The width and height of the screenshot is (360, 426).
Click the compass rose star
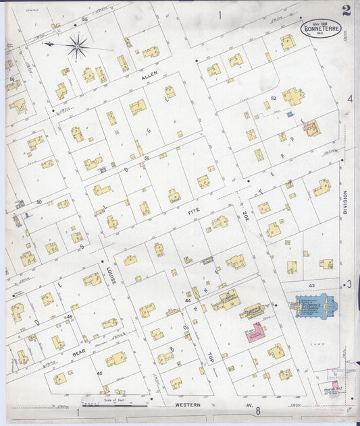(77, 47)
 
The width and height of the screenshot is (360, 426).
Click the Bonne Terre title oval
(321, 29)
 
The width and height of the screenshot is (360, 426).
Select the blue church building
(316, 306)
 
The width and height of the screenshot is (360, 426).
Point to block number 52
(273, 98)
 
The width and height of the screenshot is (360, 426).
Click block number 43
(311, 286)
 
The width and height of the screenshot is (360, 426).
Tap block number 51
(147, 158)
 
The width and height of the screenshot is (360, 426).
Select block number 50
(38, 202)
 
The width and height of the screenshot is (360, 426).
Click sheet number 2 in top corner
(346, 10)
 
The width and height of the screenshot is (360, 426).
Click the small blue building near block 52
(290, 115)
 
